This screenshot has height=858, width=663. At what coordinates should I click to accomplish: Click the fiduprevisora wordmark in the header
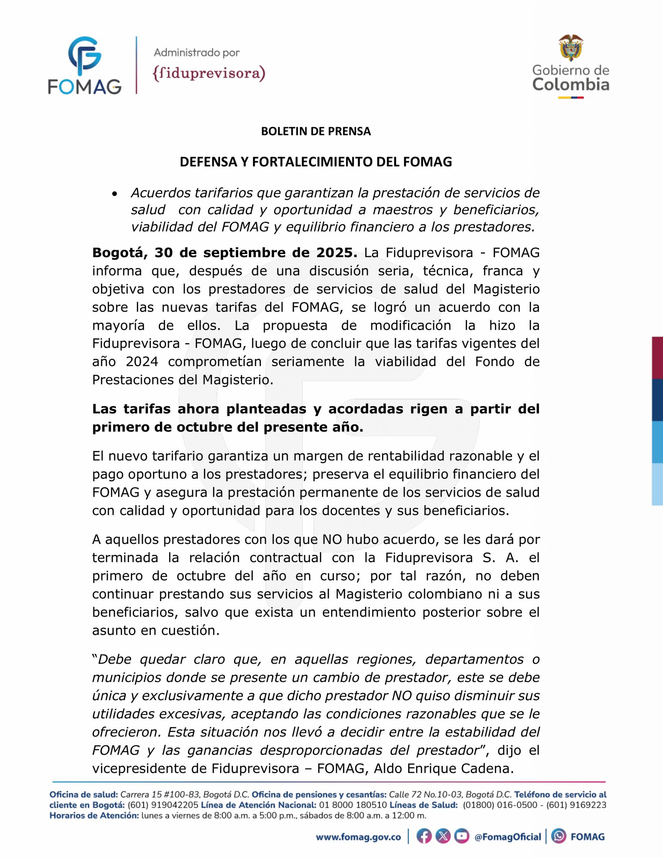coord(209,73)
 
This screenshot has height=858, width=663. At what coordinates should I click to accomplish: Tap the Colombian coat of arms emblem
coord(570,48)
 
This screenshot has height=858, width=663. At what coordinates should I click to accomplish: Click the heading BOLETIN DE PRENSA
coord(316,132)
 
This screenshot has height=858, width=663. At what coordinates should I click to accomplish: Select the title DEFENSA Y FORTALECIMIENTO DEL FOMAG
coord(316,162)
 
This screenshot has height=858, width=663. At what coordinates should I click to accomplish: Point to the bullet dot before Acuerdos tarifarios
coord(115,194)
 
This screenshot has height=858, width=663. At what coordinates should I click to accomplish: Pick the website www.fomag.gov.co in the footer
coord(358,837)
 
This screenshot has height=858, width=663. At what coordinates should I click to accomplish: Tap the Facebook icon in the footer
coord(424,837)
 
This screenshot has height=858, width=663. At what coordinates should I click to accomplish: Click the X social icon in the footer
coord(443,837)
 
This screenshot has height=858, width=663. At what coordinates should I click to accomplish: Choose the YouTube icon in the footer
coord(462,837)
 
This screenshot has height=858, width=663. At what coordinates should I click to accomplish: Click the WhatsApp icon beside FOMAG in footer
coord(558,837)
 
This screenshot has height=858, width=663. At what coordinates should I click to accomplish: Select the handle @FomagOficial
coord(508,837)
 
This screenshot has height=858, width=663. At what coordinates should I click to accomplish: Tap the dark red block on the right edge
coord(658,358)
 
